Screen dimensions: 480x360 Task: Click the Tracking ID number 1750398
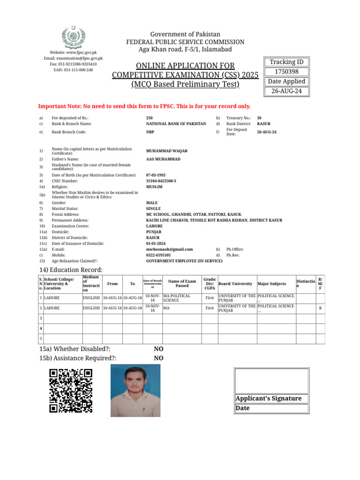(286, 72)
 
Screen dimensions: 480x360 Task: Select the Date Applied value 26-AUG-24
(286, 91)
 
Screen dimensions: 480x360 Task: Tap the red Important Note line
(144, 106)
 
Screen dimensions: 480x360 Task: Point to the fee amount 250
(150, 118)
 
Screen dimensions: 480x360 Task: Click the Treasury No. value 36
(259, 118)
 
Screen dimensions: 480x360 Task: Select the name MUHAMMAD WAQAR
(167, 151)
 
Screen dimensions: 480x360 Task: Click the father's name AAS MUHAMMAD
(163, 159)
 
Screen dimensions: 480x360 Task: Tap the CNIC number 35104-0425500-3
(161, 181)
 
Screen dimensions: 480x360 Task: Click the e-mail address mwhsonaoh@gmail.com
(169, 249)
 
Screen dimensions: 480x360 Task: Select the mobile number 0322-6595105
(158, 255)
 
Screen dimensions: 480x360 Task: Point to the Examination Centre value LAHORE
(154, 226)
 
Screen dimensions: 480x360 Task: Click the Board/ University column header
(237, 284)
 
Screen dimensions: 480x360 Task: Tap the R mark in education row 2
(320, 308)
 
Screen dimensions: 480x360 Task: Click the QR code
(71, 390)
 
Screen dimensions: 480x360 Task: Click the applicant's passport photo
(135, 391)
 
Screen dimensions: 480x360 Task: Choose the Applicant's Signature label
(269, 398)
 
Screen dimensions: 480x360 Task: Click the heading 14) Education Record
(70, 270)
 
